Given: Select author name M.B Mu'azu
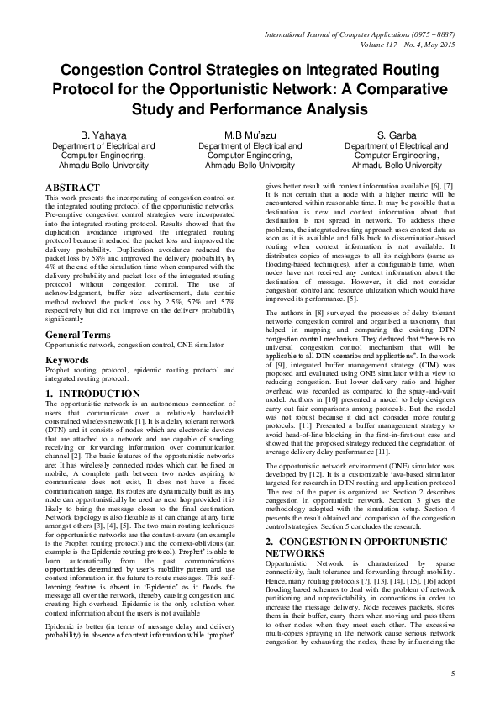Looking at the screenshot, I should tap(250, 135).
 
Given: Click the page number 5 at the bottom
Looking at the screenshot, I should tap(452, 674).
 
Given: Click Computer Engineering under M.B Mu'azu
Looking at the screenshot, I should tap(250, 156).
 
